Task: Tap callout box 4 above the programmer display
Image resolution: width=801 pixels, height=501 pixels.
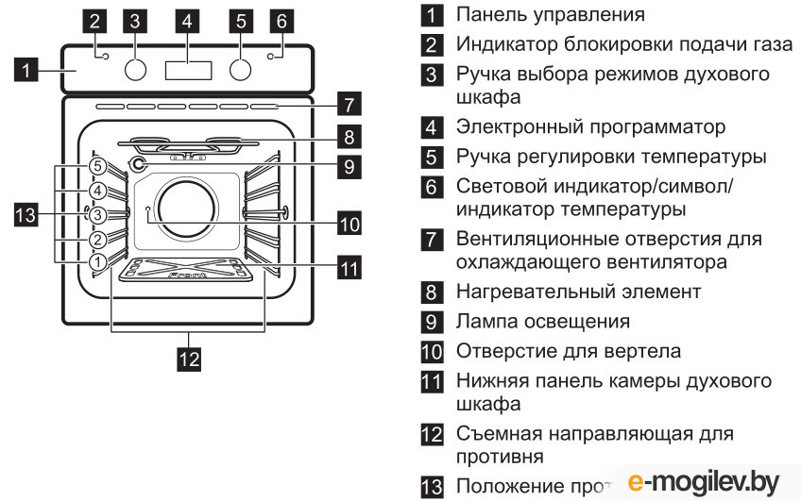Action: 188,20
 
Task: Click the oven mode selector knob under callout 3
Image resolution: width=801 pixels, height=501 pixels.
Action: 138,70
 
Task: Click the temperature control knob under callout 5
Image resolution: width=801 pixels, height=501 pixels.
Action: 242,70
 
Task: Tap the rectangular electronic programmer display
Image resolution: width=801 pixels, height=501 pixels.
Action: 188,71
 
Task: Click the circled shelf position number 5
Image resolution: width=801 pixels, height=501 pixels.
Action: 97,166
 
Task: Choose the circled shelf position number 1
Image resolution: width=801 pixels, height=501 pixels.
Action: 97,261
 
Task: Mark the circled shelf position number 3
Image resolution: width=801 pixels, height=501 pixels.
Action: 97,214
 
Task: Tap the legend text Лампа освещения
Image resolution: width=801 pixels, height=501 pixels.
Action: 542,322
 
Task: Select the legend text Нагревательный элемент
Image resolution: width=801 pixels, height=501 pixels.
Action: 578,292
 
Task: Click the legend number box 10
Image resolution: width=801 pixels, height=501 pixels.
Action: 432,352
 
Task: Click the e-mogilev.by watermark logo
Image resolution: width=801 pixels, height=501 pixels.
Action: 703,481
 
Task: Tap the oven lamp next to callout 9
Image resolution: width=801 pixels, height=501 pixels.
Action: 140,166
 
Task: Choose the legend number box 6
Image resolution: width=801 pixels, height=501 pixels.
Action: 432,187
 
